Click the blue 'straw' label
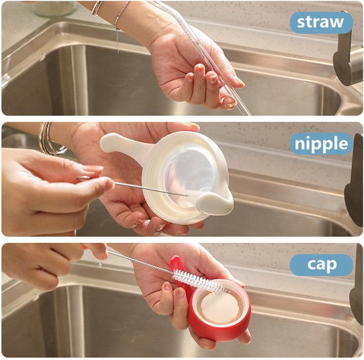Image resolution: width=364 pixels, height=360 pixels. [321, 22]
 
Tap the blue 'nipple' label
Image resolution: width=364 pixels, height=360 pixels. [321, 144]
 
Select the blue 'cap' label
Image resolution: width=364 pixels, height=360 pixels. [321, 265]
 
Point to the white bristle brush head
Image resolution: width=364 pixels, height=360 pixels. [200, 281]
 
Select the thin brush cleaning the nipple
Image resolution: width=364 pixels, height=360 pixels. [151, 189]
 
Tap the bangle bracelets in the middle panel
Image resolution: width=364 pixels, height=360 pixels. [50, 139]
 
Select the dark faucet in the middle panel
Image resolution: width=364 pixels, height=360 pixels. [355, 181]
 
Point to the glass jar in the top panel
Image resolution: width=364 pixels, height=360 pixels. [54, 9]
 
